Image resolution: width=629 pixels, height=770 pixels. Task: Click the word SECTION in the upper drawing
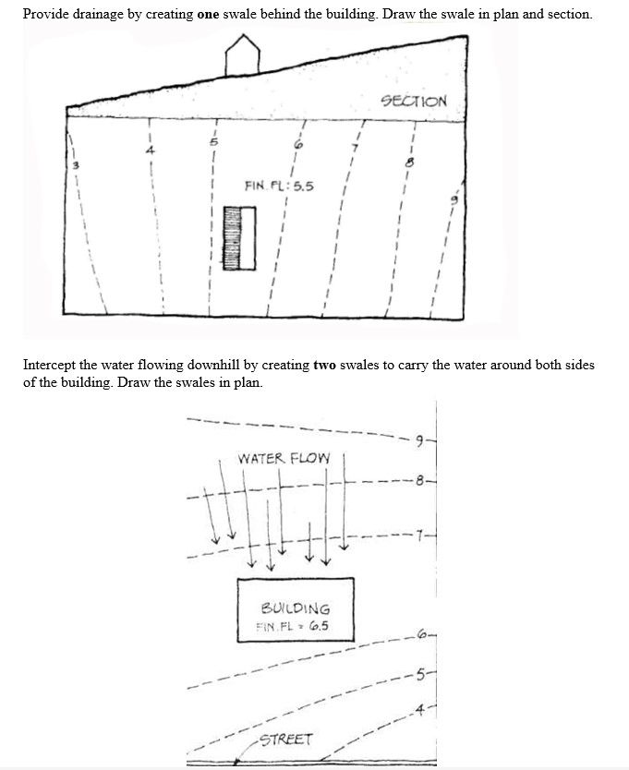pos(414,102)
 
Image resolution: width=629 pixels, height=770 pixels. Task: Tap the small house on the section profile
pos(242,55)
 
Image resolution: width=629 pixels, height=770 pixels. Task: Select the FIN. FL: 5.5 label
pos(279,186)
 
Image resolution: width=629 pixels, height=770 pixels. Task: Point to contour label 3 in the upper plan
pos(78,166)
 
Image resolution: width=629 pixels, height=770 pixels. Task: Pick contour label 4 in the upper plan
pos(144,150)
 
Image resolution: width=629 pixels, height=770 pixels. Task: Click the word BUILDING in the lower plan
pos(296,608)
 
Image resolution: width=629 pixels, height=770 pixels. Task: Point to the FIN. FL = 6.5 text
pos(292,625)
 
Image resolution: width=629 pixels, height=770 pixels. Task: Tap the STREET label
pos(286,740)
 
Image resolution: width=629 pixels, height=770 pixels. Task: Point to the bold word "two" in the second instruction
pos(324,365)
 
